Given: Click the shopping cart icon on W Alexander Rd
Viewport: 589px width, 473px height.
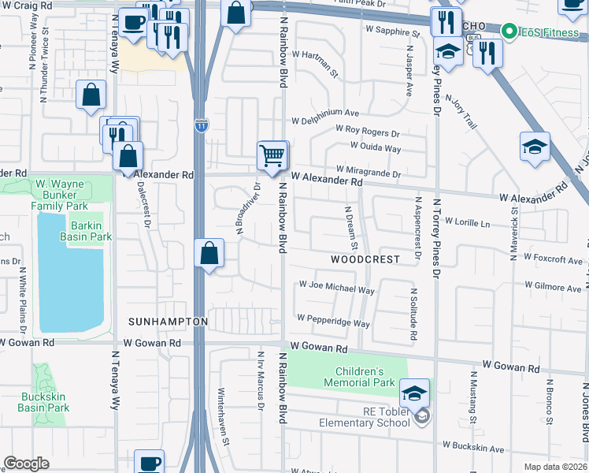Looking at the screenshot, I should point(272,155).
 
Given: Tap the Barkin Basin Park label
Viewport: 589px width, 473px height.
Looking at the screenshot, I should point(87,229).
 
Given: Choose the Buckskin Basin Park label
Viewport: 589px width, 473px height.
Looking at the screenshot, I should point(43,402).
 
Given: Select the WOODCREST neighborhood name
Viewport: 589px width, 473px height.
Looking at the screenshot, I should point(365,259).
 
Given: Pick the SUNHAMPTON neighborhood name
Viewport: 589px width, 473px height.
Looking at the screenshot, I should point(168,322).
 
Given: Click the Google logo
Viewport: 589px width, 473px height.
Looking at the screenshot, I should point(26,463).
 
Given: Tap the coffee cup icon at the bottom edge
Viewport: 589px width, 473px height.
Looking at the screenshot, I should point(149,462).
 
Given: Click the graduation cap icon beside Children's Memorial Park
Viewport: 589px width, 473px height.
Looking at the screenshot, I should point(415,392).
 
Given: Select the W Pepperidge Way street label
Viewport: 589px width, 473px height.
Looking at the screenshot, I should point(333,323).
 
